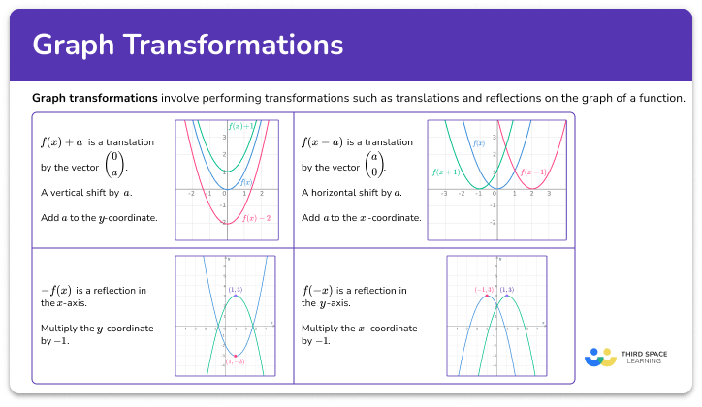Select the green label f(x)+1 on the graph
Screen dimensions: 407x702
pyautogui.click(x=240, y=126)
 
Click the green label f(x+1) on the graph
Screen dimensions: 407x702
pyautogui.click(x=446, y=172)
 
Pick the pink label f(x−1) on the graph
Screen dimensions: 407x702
pyautogui.click(x=534, y=172)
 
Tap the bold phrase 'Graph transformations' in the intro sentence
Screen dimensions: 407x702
pyautogui.click(x=95, y=98)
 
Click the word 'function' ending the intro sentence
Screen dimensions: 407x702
pyautogui.click(x=661, y=98)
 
